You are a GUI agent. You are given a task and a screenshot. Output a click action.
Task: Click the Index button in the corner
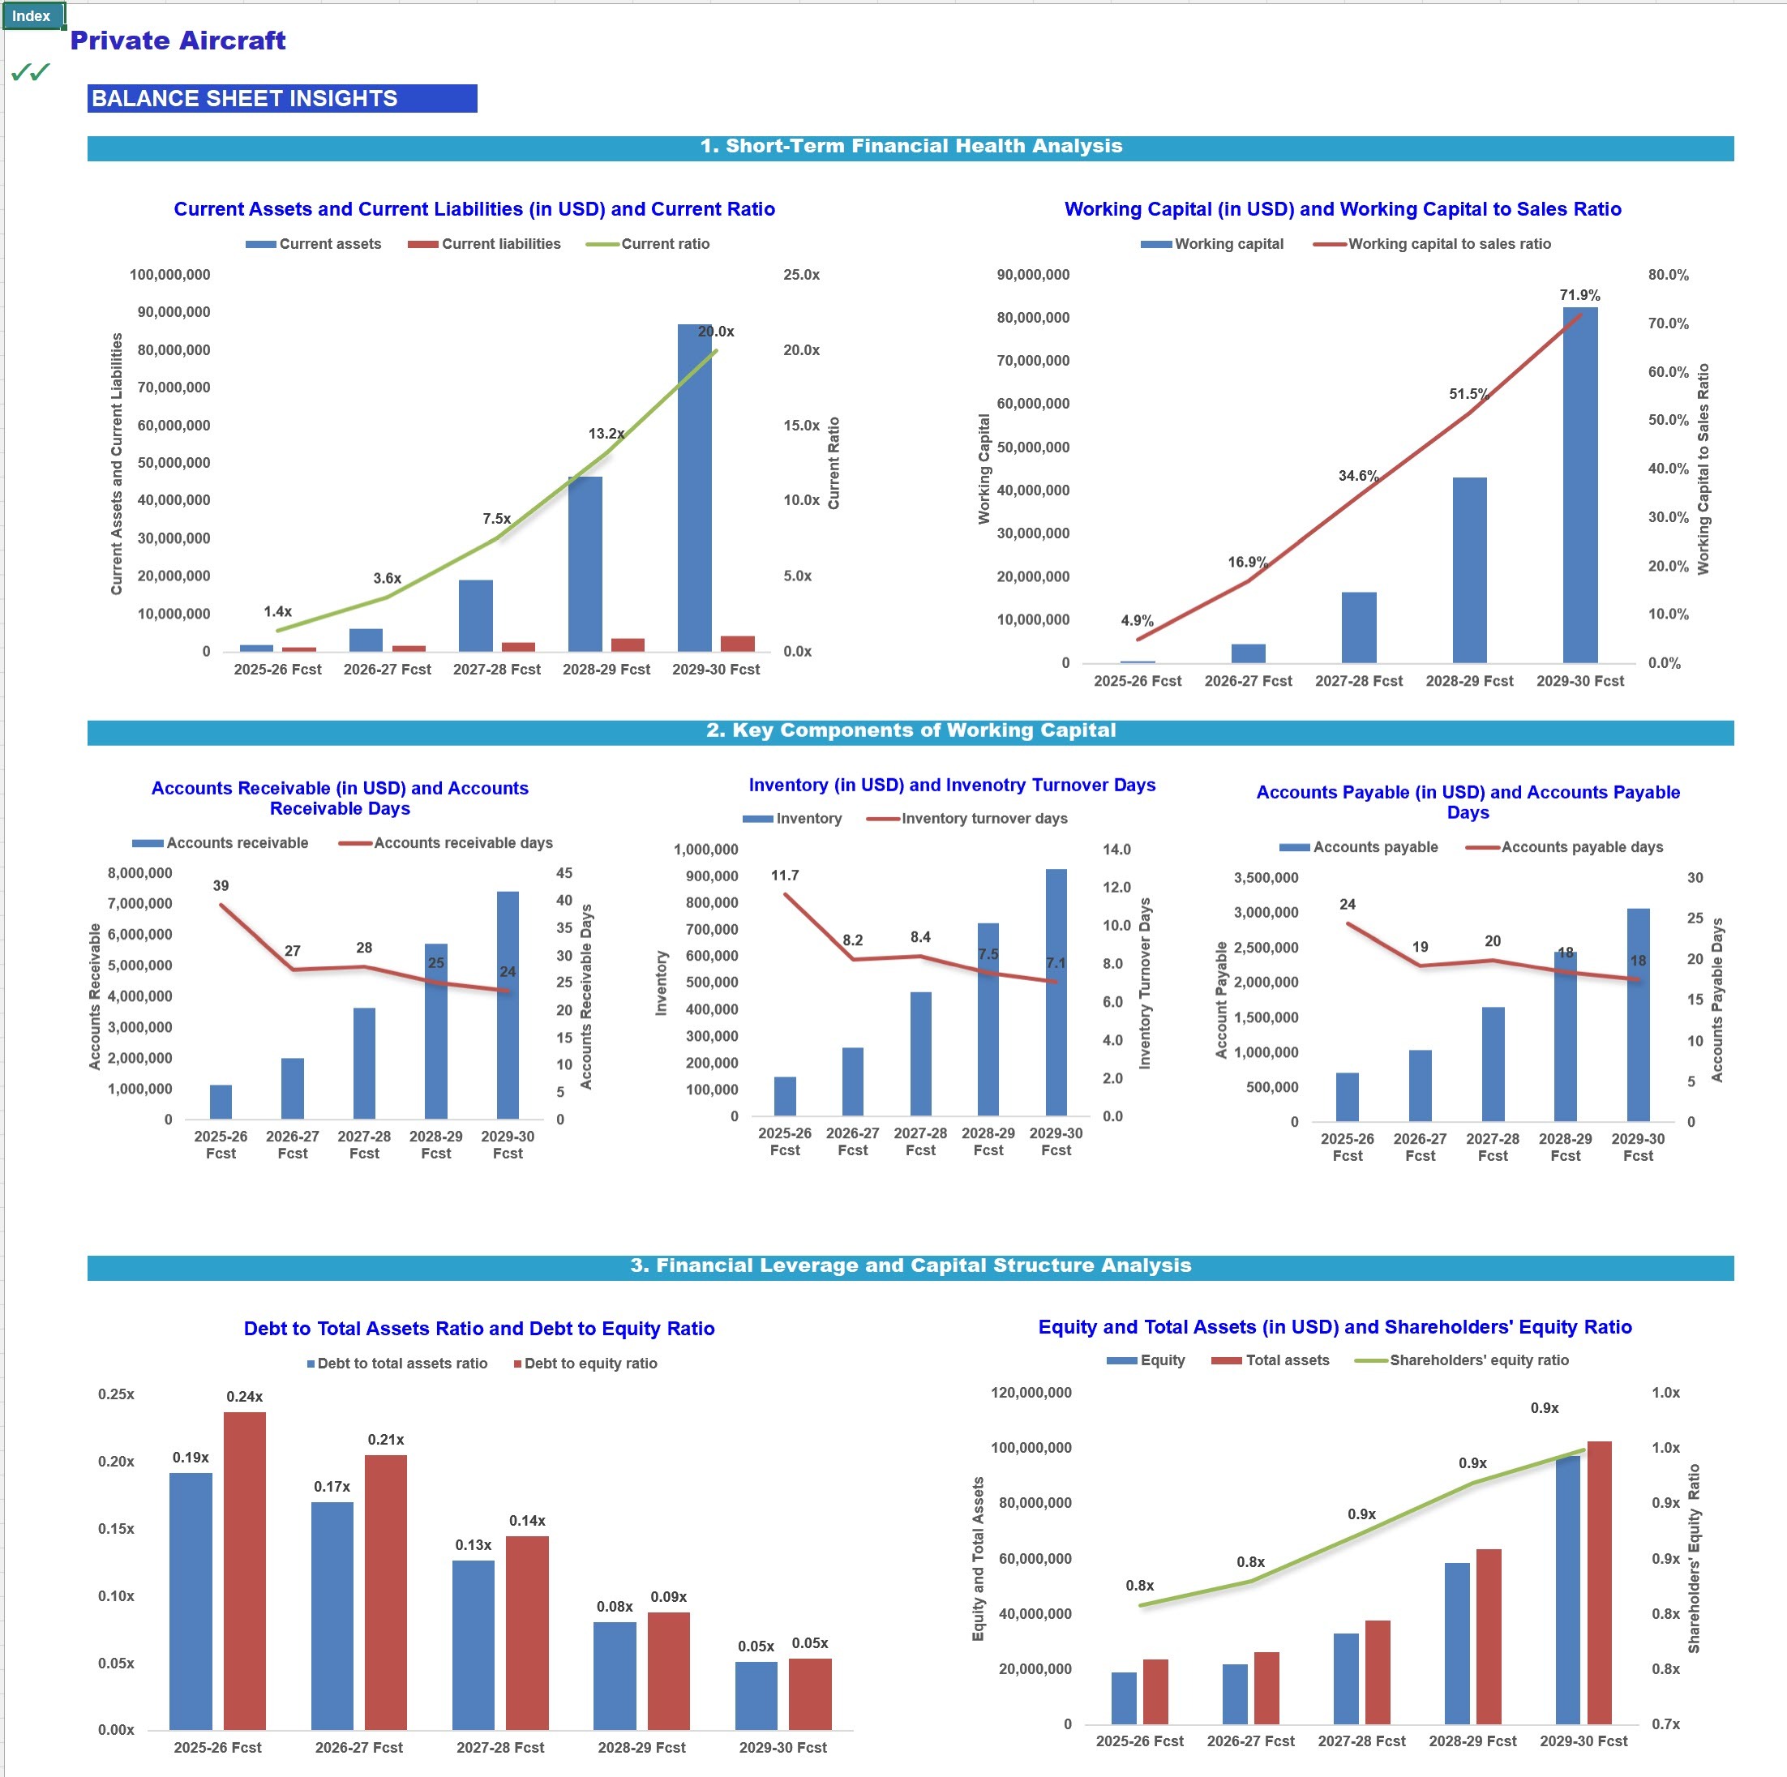pos(32,15)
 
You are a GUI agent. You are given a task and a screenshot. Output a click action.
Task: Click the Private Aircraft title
pos(178,41)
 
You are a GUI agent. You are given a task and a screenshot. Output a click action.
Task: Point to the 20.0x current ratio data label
pos(716,332)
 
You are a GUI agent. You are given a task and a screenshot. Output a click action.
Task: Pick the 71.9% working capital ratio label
pos(1579,295)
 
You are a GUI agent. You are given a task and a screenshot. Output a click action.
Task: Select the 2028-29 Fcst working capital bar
pos(1469,570)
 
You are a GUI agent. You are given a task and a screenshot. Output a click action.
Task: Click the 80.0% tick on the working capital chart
pos(1668,275)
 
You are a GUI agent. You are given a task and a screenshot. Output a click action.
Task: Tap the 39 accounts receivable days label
pos(221,885)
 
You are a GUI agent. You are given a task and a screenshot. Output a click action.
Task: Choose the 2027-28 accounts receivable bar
pos(363,1063)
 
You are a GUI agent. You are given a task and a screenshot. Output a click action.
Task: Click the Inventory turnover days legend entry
pos(966,819)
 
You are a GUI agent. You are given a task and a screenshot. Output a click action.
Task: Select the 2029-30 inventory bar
pos(1056,991)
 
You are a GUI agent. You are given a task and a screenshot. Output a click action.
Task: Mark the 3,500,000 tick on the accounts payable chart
pos(1266,877)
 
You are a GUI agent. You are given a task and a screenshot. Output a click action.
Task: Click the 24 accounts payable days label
pos(1347,904)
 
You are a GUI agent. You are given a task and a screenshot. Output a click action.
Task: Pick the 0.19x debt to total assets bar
pos(191,1600)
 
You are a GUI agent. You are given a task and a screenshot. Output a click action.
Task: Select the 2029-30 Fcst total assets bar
pos(1599,1582)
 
